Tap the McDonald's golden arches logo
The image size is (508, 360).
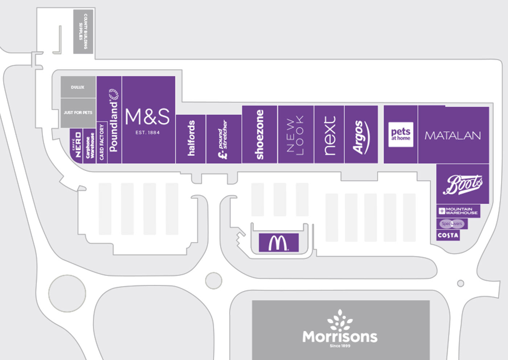[278, 243]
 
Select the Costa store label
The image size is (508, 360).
[448, 235]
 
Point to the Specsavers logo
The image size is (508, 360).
[452, 224]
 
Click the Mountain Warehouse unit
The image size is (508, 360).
[458, 211]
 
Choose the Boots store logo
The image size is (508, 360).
[463, 184]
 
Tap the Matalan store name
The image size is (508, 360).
[452, 136]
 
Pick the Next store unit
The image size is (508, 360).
[329, 135]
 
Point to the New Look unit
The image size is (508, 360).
[295, 135]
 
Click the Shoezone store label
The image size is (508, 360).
[259, 135]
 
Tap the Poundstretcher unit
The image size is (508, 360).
[224, 139]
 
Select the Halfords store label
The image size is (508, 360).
[191, 139]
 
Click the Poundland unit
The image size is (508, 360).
[114, 120]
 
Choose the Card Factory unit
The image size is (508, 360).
[102, 142]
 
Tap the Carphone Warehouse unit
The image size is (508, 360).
[89, 146]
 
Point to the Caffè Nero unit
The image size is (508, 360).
[77, 146]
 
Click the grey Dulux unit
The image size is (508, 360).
[78, 87]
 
